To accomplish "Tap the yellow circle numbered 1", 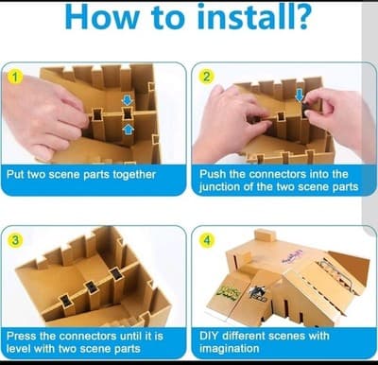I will [x=12, y=76].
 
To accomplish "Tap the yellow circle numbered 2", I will [x=204, y=76].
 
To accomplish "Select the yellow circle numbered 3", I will [x=12, y=239].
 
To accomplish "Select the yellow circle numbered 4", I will [x=204, y=239].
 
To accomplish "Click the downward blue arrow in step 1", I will [x=128, y=99].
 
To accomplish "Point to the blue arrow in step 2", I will [x=300, y=96].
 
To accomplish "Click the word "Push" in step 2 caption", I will [x=215, y=174].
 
